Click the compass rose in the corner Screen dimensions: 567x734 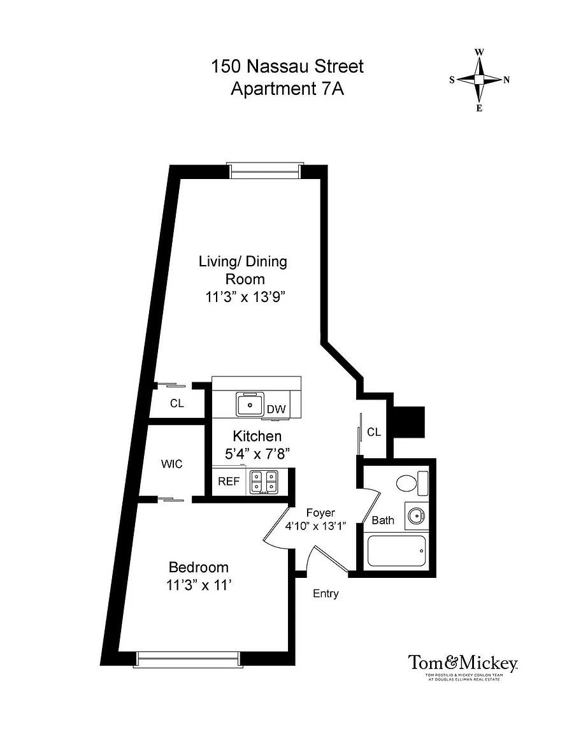coord(480,80)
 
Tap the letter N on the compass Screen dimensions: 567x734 coord(506,80)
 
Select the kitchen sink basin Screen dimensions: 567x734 coord(250,404)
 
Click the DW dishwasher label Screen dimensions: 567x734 coord(276,409)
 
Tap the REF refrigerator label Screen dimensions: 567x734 coord(229,482)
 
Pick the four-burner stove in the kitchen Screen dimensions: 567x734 coord(264,482)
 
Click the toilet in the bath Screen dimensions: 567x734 coord(412,483)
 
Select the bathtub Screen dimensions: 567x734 coord(396,551)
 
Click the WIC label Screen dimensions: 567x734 coord(172,464)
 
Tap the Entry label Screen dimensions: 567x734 coord(326,594)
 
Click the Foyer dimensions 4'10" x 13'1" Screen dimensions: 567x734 coord(315,526)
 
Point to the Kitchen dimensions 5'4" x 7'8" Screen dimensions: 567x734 coord(257,454)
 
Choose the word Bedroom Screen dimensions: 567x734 coord(199,567)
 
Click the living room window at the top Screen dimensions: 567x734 coord(264,170)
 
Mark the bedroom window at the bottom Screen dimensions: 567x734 coord(188,659)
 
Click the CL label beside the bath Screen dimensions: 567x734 coord(374,432)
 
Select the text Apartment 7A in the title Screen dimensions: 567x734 coord(287,89)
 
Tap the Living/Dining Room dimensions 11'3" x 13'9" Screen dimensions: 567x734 coord(245,297)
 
